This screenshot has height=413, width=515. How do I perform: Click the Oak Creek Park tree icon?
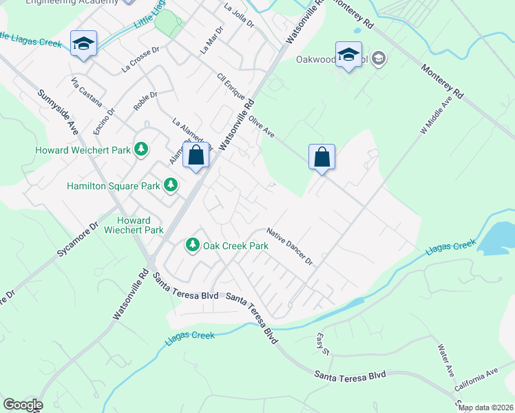(193, 245)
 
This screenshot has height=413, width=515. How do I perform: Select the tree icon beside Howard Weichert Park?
(140, 149)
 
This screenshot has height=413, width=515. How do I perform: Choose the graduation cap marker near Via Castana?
(84, 44)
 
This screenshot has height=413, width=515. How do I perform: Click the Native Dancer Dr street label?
(290, 247)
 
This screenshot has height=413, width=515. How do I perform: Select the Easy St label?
(324, 343)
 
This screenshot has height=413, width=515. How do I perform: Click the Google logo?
(22, 404)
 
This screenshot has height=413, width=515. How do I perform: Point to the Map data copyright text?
(485, 407)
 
